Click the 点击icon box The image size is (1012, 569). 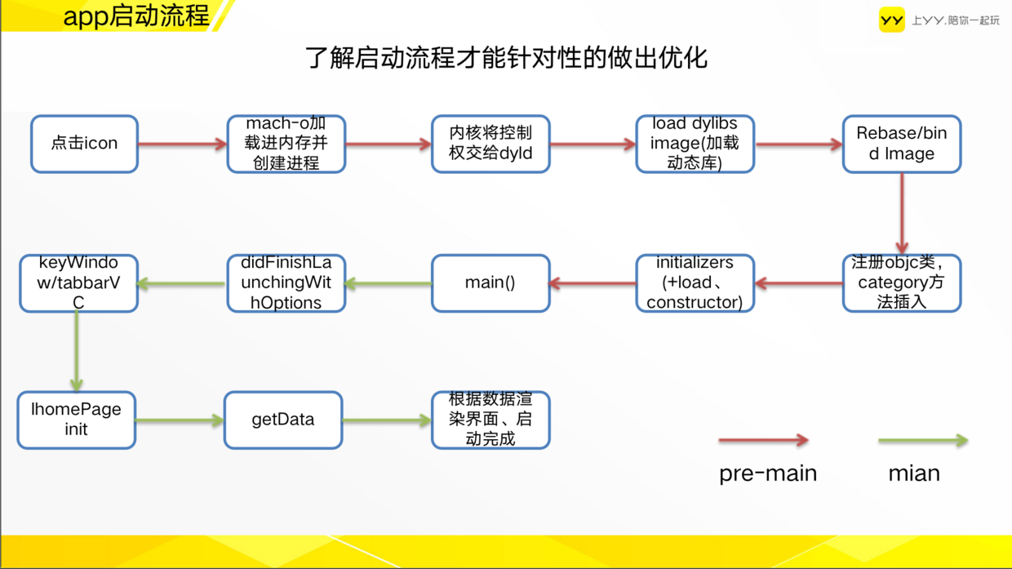point(85,144)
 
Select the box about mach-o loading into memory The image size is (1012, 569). point(286,144)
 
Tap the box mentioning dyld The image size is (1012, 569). point(490,144)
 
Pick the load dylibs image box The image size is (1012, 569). point(695,144)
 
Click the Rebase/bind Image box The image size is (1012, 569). point(902,144)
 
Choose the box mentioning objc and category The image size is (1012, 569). point(902,283)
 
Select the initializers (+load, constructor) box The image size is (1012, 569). point(695,283)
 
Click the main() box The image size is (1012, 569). point(490,283)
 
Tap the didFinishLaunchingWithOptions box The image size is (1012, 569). point(286,283)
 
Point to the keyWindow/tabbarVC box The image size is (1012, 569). point(78,283)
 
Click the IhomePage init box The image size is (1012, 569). point(77,420)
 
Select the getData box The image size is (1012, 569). point(283,420)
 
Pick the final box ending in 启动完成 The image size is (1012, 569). point(490,420)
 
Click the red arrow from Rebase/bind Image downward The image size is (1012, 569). point(902,213)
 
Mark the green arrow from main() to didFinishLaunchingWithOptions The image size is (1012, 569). point(388,283)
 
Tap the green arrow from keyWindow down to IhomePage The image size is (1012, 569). point(77,351)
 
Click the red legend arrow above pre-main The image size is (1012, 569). point(764,440)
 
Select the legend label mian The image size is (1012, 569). point(914,473)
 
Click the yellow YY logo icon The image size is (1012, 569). point(891,20)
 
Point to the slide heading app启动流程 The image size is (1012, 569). point(136,16)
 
